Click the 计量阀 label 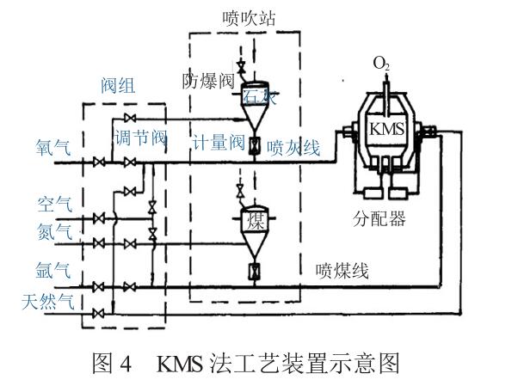[x=218, y=144]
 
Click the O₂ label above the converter [x=381, y=64]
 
